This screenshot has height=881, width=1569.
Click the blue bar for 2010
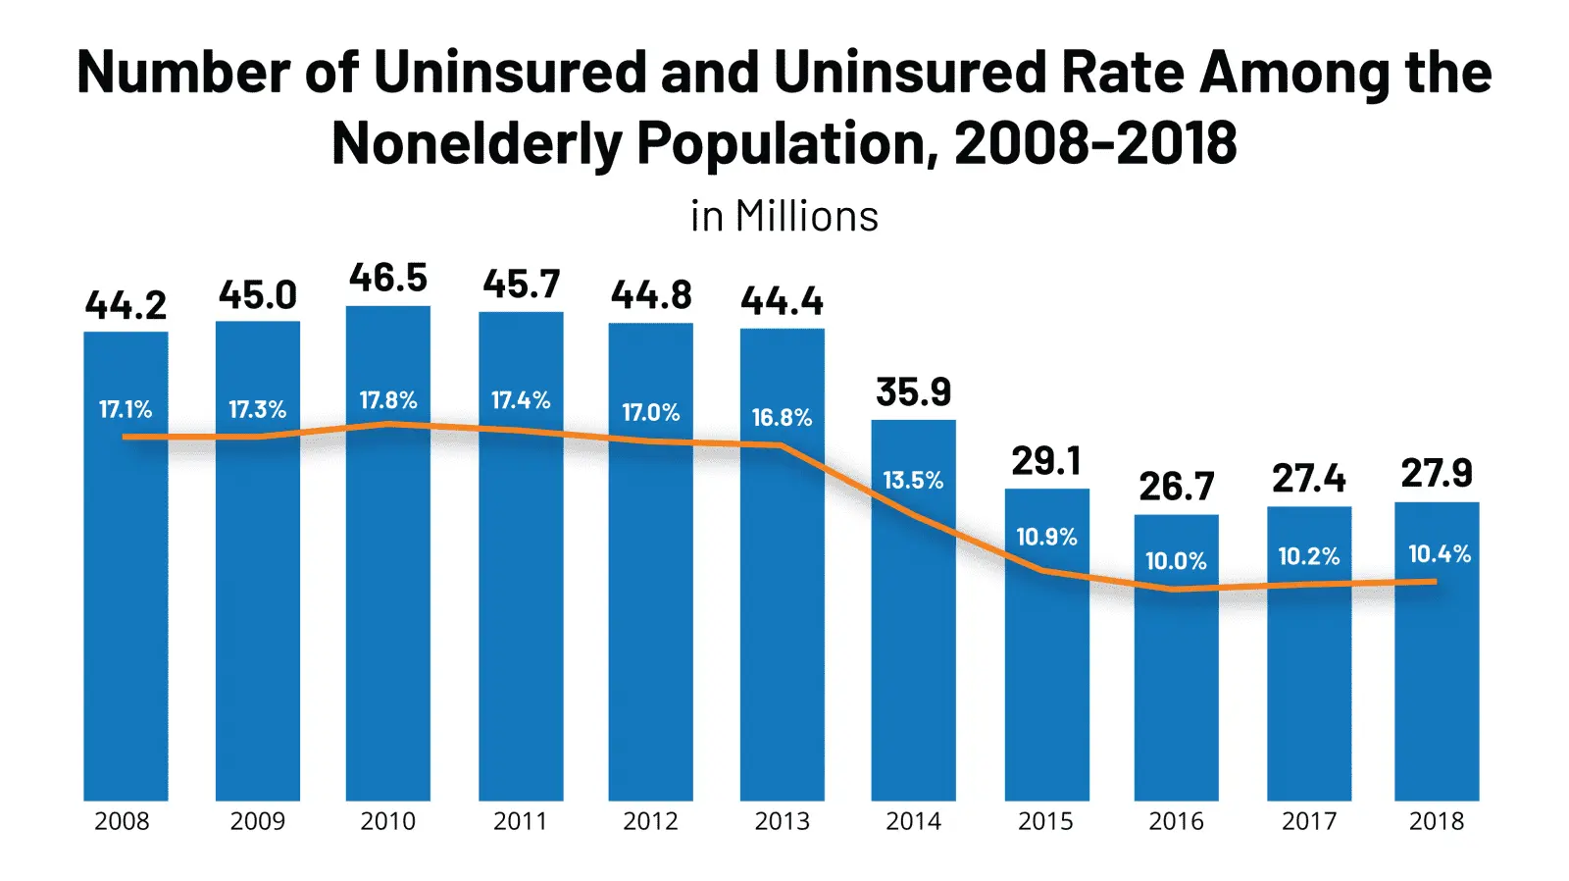pos(387,608)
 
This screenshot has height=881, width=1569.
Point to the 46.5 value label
pos(388,278)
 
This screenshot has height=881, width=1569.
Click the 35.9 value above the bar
pos(913,391)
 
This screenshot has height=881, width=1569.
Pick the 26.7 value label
pos(1176,486)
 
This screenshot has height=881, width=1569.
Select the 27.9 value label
pos(1437,473)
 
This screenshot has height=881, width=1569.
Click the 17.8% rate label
pos(388,400)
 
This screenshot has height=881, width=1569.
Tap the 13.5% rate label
pos(913,480)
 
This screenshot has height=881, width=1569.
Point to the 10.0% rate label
pos(1176,561)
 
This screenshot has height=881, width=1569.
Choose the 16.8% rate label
pos(782,417)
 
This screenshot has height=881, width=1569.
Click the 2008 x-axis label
pos(122,821)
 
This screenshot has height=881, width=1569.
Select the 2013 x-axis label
pos(782,821)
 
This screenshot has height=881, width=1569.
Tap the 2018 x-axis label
pos(1437,821)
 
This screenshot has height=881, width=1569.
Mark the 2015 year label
pos(1045,821)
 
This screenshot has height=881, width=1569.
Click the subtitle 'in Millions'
pos(784,216)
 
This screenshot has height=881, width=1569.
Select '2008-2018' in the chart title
pos(1095,143)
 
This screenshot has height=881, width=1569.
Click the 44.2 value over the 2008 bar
pos(126,305)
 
